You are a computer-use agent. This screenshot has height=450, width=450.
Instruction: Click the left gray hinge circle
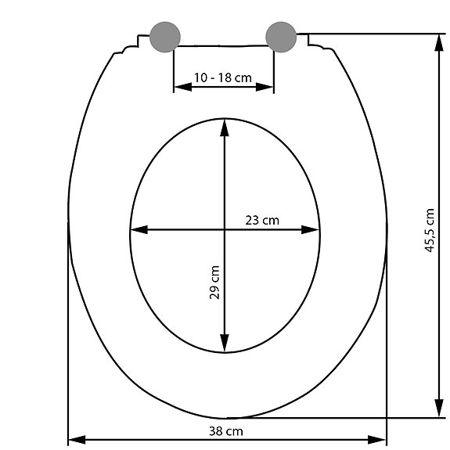tap(165, 35)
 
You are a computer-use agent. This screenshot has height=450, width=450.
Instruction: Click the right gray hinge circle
tap(281, 35)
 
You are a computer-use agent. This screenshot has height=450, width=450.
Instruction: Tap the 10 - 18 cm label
tap(224, 77)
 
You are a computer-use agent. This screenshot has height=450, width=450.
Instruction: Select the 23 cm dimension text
tap(262, 220)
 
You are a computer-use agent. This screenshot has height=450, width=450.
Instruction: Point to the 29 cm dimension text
tap(214, 283)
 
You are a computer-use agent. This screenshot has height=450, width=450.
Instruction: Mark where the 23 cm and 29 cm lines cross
tap(225, 230)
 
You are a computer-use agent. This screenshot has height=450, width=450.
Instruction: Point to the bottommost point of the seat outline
tap(227, 418)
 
